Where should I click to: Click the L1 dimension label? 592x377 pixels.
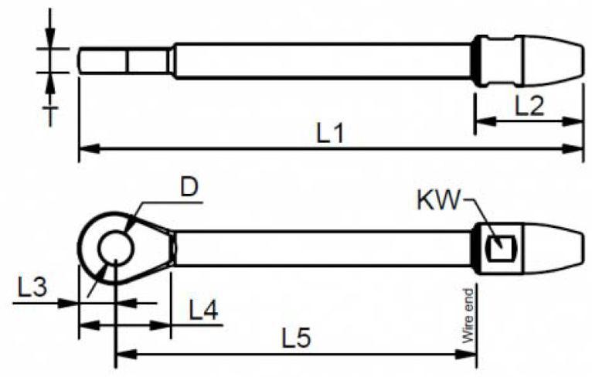329,134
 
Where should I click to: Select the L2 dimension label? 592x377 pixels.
529,106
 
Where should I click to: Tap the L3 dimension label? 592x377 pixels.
32,287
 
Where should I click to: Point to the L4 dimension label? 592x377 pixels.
203,311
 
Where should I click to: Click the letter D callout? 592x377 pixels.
189,187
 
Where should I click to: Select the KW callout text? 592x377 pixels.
439,199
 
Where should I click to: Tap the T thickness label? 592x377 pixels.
49,116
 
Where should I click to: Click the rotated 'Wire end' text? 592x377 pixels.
468,315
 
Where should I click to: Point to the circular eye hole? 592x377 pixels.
115,248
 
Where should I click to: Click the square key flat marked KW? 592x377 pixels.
501,247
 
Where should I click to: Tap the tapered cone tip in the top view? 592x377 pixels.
553,60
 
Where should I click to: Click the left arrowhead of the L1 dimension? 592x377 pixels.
90,148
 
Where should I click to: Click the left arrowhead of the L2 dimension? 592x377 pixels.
485,121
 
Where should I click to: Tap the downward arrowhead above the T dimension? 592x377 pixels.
49,37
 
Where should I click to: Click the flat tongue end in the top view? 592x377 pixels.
123,60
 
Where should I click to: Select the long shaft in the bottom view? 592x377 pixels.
323,248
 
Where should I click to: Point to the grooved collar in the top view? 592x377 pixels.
498,60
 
